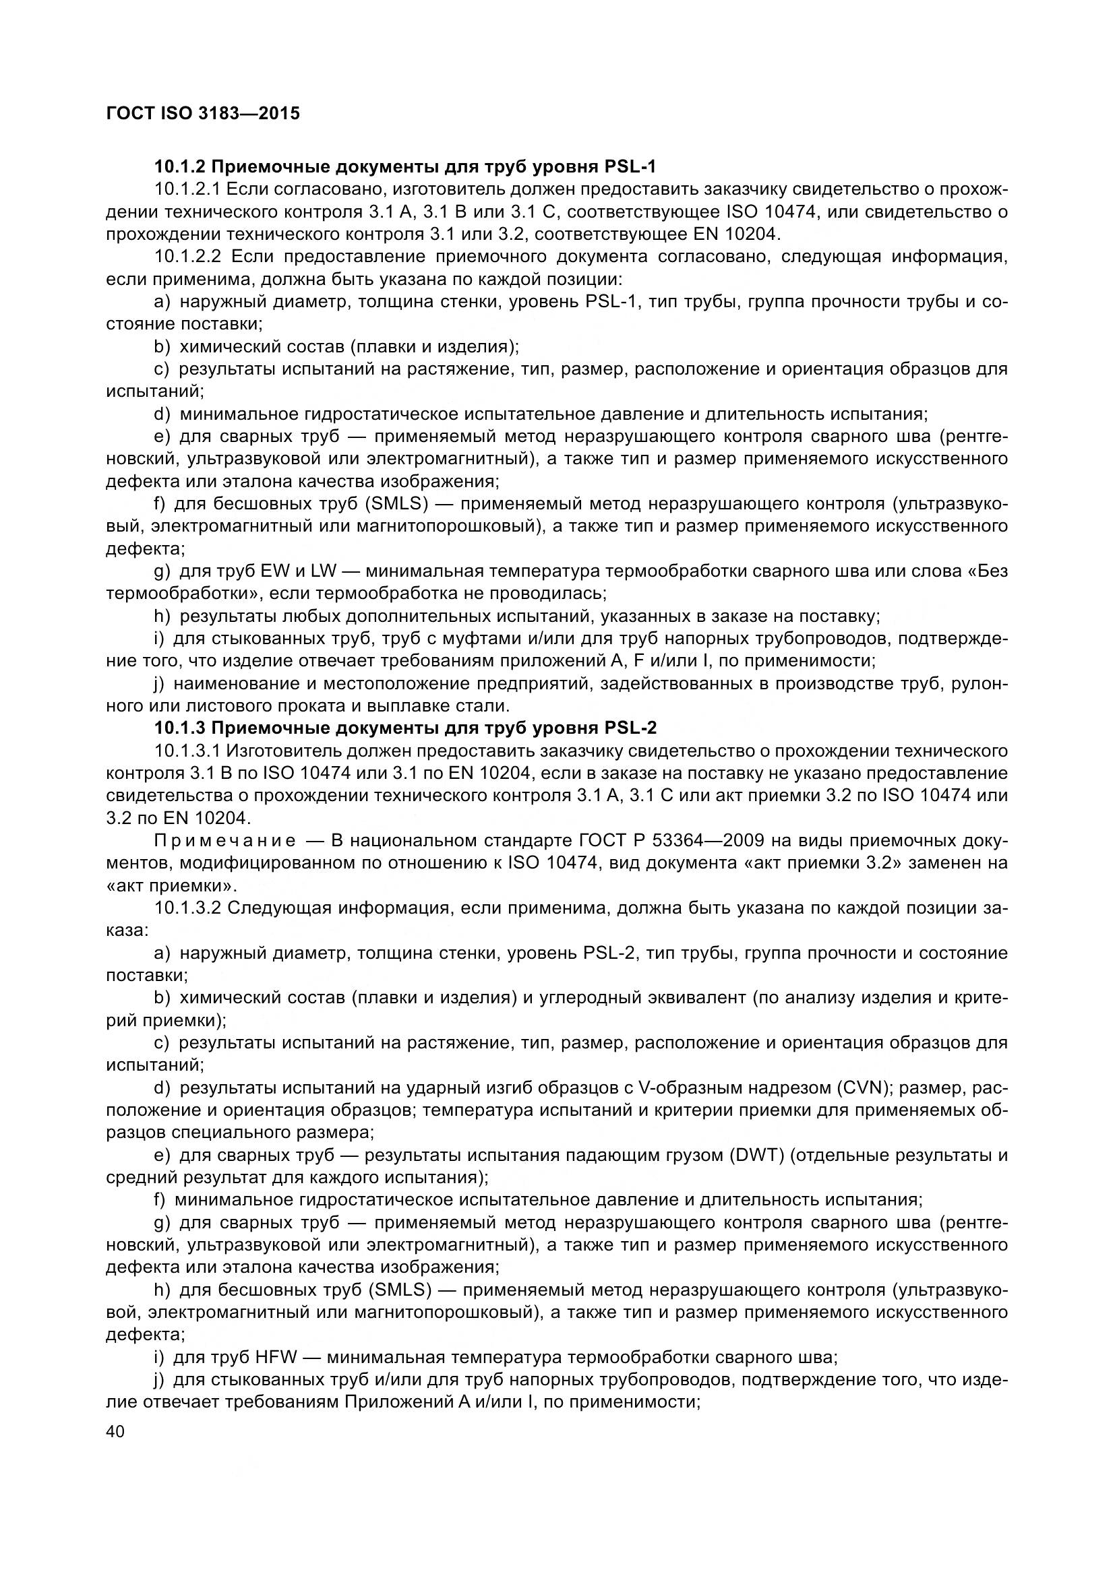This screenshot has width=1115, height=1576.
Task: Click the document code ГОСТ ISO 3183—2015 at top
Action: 203,113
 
